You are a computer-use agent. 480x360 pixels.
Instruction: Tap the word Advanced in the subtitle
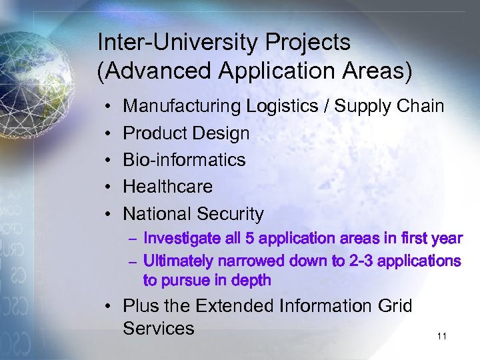[146, 71]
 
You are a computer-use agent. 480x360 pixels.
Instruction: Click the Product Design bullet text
[187, 133]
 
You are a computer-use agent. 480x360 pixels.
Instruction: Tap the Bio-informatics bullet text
[185, 160]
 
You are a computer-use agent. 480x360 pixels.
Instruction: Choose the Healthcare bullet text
[168, 187]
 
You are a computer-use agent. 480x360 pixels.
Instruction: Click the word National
[157, 214]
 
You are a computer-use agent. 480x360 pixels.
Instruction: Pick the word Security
[230, 214]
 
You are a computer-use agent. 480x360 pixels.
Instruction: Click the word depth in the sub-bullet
[251, 280]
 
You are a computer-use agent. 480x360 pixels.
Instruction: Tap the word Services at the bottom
[159, 328]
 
